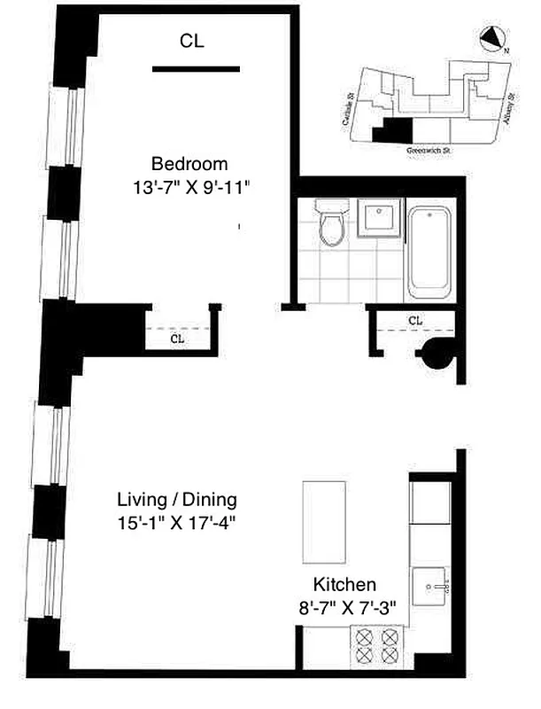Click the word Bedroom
189,164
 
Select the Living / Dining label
178,499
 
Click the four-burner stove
377,644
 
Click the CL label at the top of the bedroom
192,40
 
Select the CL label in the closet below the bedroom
177,339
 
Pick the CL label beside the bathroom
415,320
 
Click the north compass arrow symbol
491,39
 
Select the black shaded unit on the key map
394,131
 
